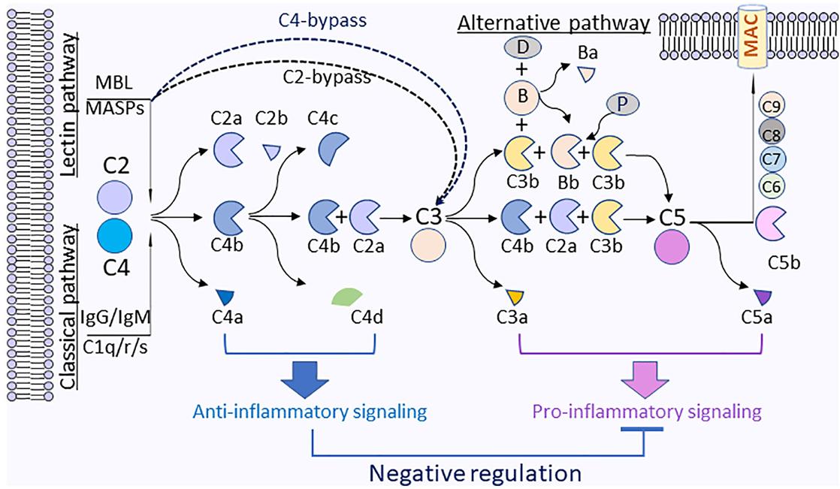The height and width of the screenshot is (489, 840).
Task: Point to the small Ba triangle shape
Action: point(585,73)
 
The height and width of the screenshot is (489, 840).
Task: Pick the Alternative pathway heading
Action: point(554,23)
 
